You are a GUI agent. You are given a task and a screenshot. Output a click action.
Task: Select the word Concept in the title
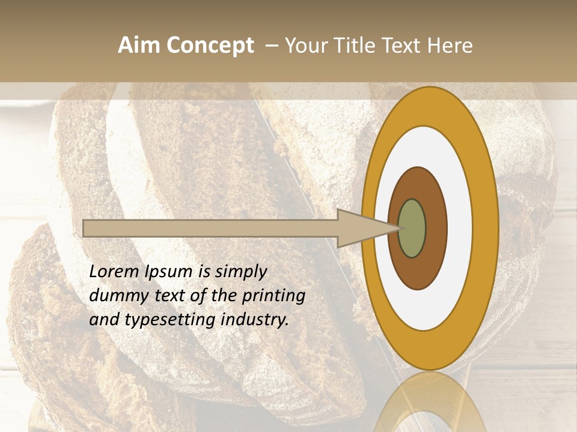coord(209,46)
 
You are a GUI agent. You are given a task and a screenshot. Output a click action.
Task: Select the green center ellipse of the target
coord(412,228)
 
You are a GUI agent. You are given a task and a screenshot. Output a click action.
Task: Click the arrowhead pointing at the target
coord(361,228)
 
